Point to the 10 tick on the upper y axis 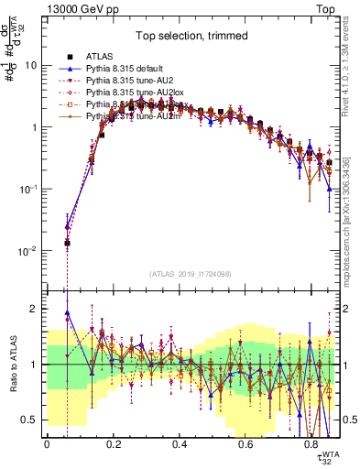(32, 66)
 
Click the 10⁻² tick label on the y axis (28, 251)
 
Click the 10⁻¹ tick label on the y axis (28, 190)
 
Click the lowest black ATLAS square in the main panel (67, 244)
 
